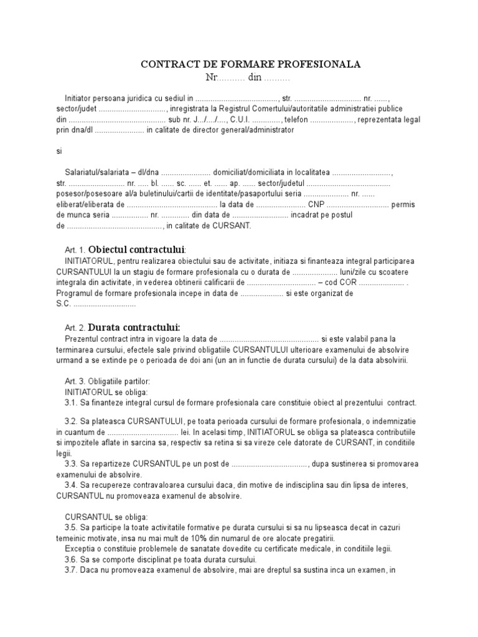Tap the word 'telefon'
(x=297, y=119)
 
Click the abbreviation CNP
(x=316, y=205)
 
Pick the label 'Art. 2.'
(x=75, y=328)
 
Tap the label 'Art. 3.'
(x=75, y=381)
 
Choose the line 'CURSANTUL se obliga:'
(x=106, y=517)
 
